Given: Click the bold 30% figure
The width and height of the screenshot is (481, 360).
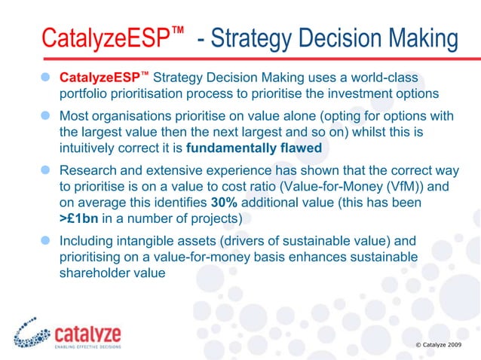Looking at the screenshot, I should pyautogui.click(x=225, y=204).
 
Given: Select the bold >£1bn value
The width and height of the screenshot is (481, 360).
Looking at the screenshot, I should pyautogui.click(x=81, y=219).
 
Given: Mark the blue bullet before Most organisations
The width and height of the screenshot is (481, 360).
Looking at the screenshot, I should pyautogui.click(x=46, y=116).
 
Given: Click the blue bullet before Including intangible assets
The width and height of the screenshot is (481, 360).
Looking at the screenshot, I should pyautogui.click(x=46, y=242).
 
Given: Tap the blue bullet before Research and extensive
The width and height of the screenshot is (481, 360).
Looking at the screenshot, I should pyautogui.click(x=46, y=171).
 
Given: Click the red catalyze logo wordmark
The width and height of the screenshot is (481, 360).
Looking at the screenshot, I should pyautogui.click(x=88, y=334).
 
